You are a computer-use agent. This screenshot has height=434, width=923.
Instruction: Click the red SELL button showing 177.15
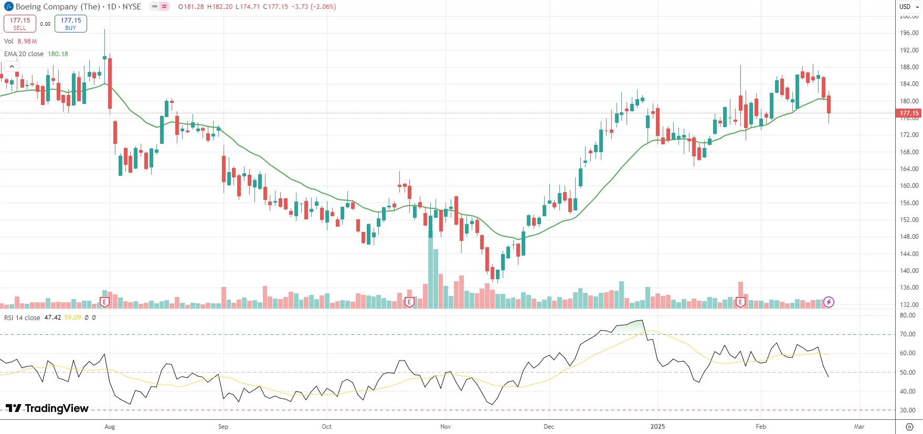point(20,24)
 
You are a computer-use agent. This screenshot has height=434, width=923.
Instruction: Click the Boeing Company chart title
point(58,7)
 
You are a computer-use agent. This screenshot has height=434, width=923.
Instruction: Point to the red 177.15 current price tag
point(909,113)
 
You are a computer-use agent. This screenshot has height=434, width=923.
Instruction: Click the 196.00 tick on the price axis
point(909,33)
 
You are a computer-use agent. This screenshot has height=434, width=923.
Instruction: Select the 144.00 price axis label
point(909,254)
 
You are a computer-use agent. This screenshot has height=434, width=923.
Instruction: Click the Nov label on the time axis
point(445,427)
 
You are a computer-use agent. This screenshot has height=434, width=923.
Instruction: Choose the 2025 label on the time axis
point(657,427)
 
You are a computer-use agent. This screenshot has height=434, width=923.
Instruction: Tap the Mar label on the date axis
point(859,427)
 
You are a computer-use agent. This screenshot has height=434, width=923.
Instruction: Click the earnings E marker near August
point(104,302)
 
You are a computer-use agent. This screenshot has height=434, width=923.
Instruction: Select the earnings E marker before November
point(409,302)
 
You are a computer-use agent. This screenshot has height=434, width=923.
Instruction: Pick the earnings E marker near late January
point(740,302)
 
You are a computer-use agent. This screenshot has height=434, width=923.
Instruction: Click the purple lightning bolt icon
point(829,302)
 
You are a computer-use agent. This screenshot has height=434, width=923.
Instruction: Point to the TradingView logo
point(47,408)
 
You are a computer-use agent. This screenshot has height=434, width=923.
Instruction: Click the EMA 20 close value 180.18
point(58,54)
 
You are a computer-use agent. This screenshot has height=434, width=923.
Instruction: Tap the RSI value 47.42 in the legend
point(52,317)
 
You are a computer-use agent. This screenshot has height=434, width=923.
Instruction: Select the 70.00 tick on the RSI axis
point(907,334)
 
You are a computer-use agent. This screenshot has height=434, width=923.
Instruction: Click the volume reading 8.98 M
point(27,41)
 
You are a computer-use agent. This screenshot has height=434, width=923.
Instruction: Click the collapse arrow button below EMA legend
point(12,67)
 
